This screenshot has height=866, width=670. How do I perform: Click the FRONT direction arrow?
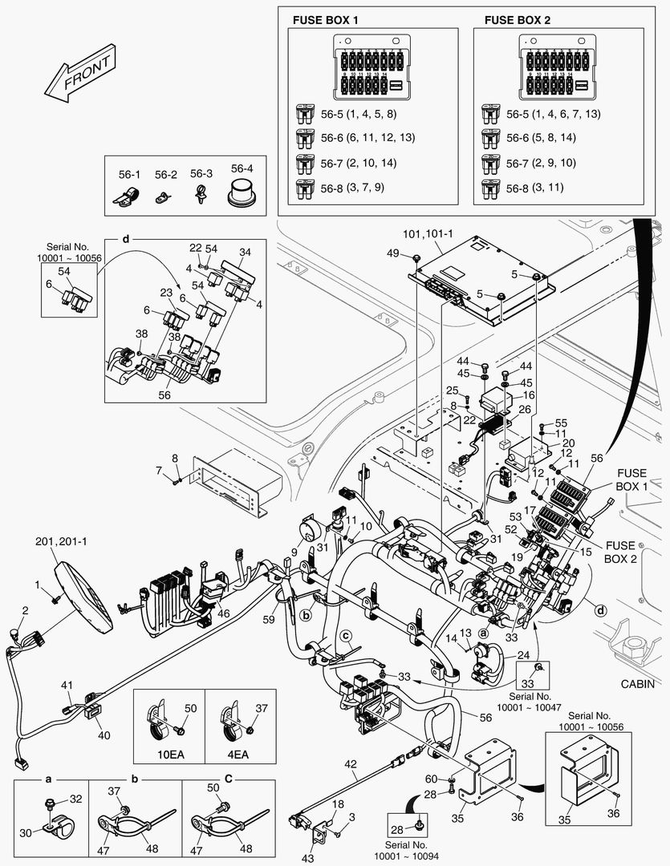point(80,72)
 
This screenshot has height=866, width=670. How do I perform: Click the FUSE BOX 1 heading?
point(325,20)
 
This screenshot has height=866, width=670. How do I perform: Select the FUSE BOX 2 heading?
point(518,20)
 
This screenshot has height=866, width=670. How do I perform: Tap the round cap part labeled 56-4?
point(242,192)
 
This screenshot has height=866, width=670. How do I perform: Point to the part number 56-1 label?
point(129,175)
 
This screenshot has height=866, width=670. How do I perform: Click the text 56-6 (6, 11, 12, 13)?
point(367,138)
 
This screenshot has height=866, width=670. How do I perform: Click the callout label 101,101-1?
point(428,234)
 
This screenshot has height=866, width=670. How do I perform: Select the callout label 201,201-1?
point(61,542)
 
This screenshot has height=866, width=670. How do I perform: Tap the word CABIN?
point(637,684)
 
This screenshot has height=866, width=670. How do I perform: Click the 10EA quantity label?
point(171,754)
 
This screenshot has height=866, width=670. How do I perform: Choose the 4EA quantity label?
point(238,754)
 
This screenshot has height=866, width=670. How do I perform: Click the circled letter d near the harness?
point(600,610)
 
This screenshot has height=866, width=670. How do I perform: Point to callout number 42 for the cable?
point(351,764)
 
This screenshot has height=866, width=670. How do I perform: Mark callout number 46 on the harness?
point(223,613)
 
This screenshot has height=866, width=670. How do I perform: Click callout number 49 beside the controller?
point(392,253)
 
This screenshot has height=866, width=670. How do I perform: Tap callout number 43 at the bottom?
point(307,858)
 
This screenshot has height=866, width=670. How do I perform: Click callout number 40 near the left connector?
point(104,735)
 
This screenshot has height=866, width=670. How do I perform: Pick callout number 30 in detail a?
point(26,833)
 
